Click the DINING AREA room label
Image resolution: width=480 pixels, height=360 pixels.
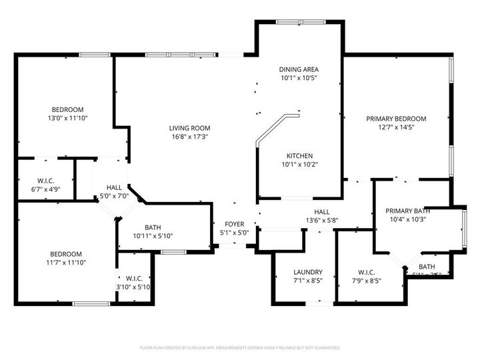click(x=297, y=69)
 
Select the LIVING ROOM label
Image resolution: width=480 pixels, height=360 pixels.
click(x=190, y=128)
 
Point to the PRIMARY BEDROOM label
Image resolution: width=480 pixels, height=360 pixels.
click(x=396, y=119)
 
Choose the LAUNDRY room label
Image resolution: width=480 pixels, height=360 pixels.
click(x=308, y=272)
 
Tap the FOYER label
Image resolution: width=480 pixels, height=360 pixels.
click(x=234, y=224)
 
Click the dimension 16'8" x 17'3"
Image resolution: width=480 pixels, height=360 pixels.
click(x=190, y=137)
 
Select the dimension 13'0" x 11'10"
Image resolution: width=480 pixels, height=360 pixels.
click(x=68, y=118)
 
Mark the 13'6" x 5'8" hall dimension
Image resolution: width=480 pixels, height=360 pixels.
click(x=322, y=221)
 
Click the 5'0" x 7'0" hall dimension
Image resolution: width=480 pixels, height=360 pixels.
click(x=113, y=197)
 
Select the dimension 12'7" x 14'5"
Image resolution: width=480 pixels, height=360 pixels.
click(x=396, y=127)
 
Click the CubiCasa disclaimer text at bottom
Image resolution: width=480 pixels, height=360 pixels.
click(x=240, y=348)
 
